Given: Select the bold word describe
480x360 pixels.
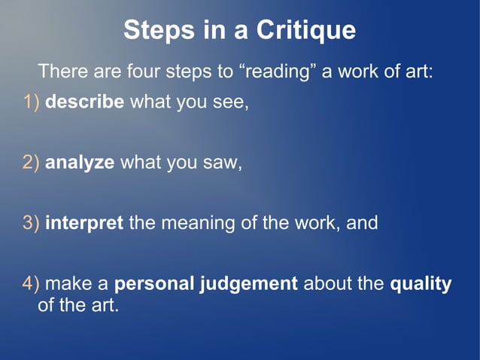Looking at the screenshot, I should [85, 101].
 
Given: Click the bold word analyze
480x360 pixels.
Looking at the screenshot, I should [80, 162].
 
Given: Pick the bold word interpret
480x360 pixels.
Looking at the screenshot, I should [84, 223].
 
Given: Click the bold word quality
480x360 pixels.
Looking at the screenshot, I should [421, 284].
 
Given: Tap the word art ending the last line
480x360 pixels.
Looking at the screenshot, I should [105, 306].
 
